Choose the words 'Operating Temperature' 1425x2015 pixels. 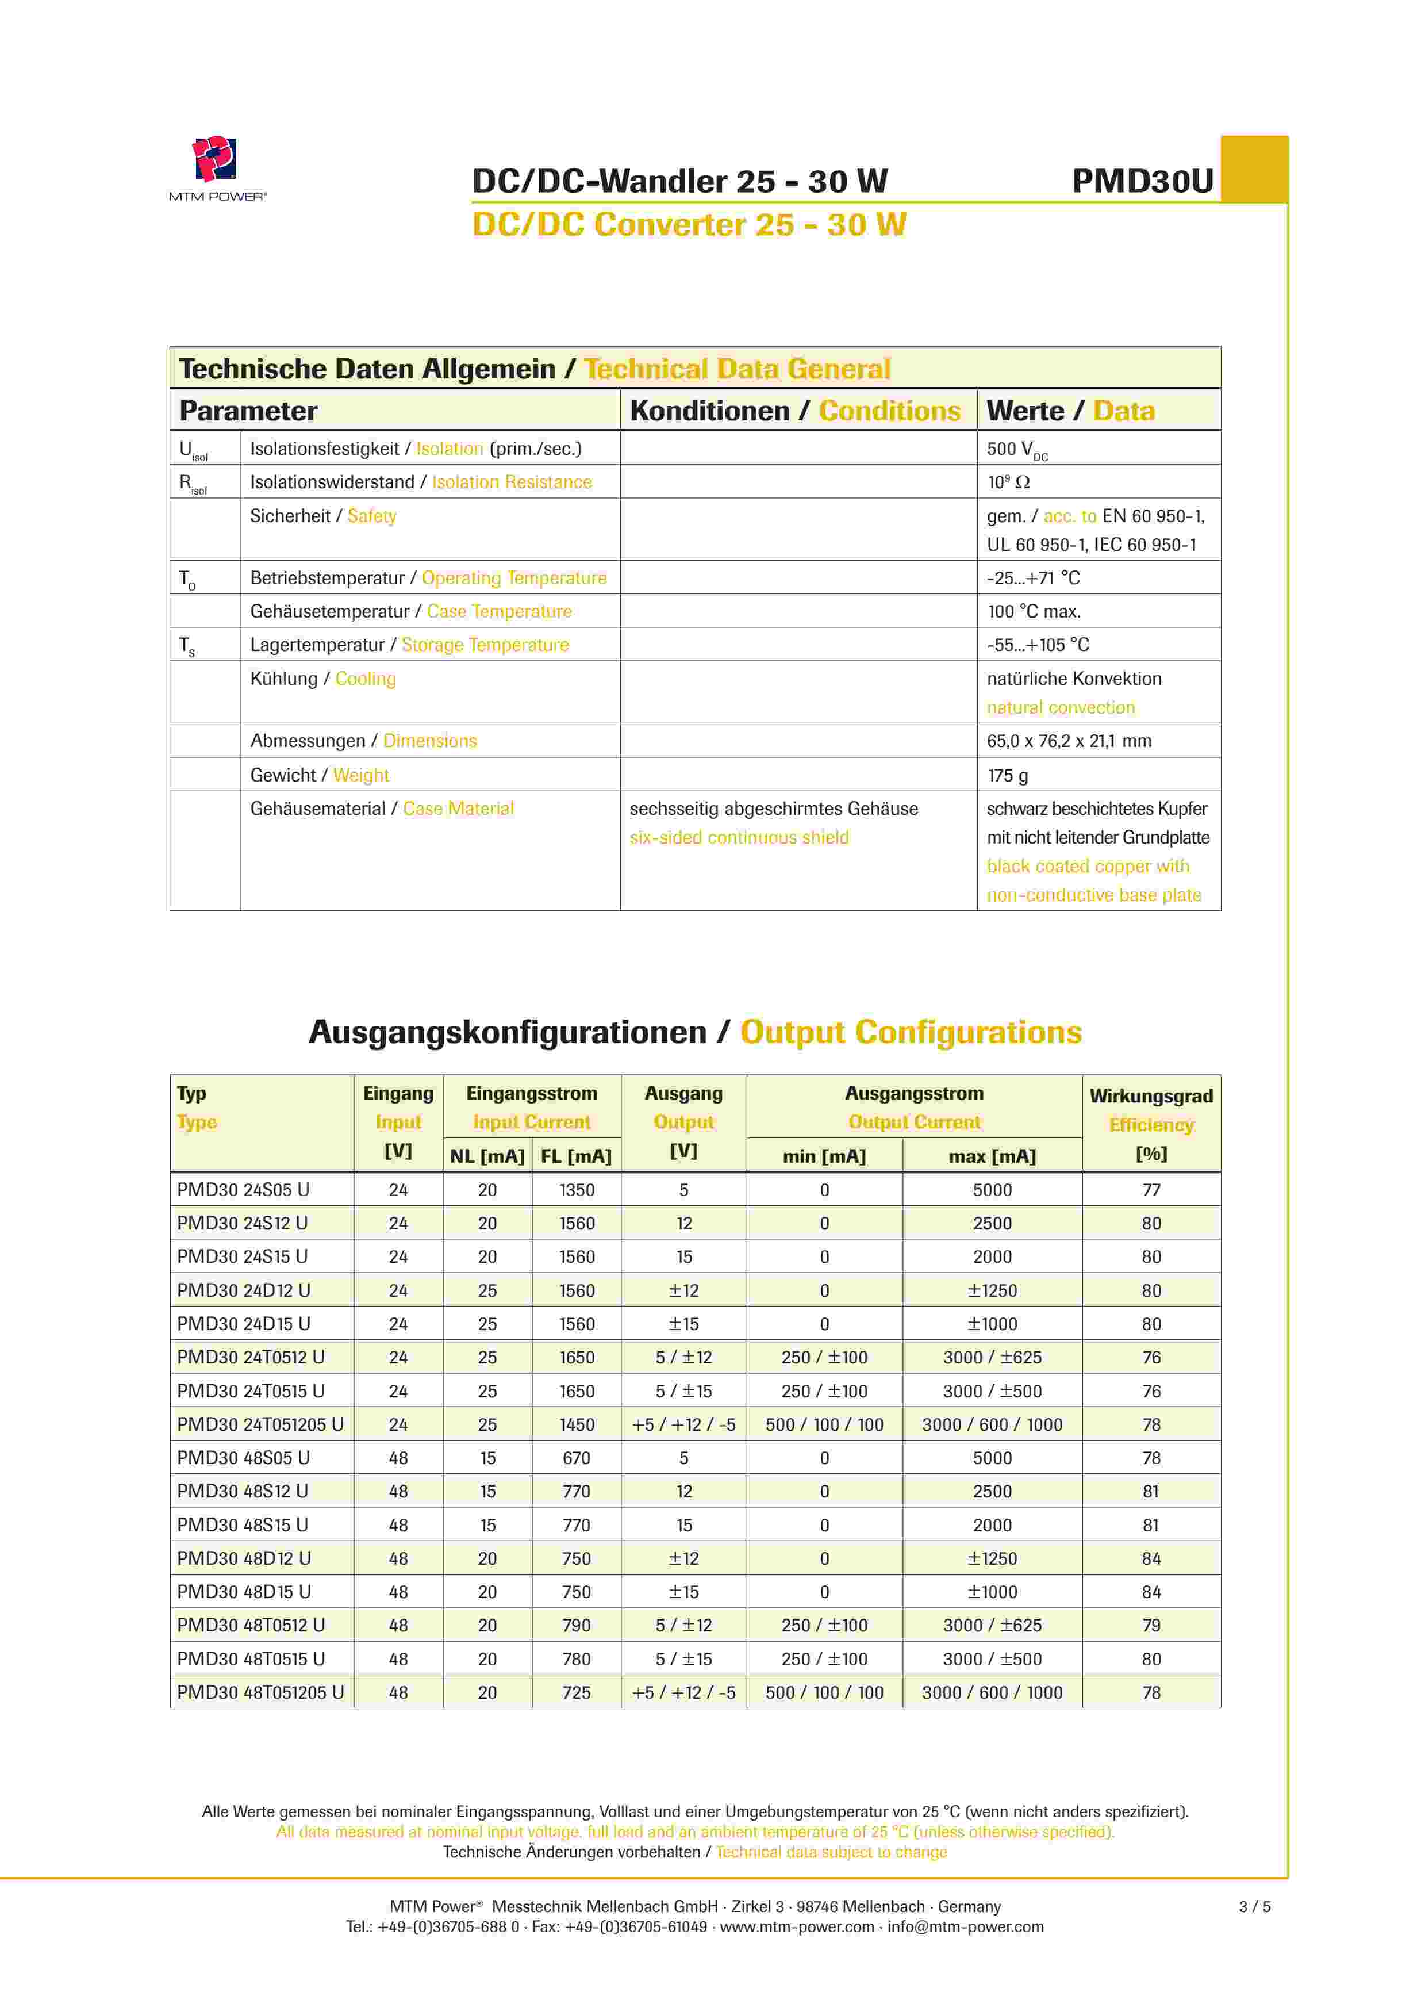(514, 579)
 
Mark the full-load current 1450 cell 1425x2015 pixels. (577, 1424)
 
